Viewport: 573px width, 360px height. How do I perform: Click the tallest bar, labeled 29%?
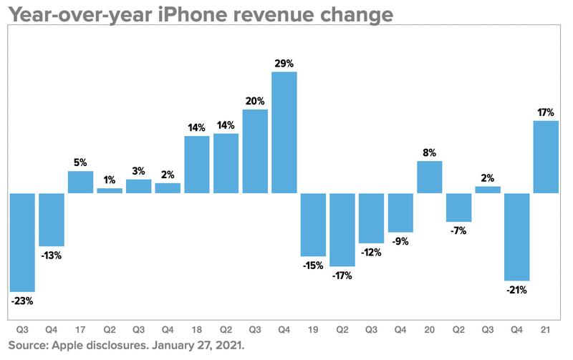284,132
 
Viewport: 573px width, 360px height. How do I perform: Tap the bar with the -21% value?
516,237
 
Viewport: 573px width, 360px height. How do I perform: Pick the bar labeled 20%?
255,151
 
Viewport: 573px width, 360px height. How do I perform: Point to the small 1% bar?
110,190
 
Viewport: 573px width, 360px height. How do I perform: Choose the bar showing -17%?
342,230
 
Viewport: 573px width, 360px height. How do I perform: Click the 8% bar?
429,177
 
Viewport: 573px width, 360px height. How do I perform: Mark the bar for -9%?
400,213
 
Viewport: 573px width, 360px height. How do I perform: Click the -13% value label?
52,256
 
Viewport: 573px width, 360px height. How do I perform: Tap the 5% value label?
81,162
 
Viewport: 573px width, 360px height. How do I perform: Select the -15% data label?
313,266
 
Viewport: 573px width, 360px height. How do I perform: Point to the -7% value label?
459,232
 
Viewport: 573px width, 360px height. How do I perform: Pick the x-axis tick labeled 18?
197,331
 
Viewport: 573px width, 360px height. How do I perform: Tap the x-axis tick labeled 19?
313,331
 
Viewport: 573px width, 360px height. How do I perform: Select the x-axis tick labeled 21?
546,331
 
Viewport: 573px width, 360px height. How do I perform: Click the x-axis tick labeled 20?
429,331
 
